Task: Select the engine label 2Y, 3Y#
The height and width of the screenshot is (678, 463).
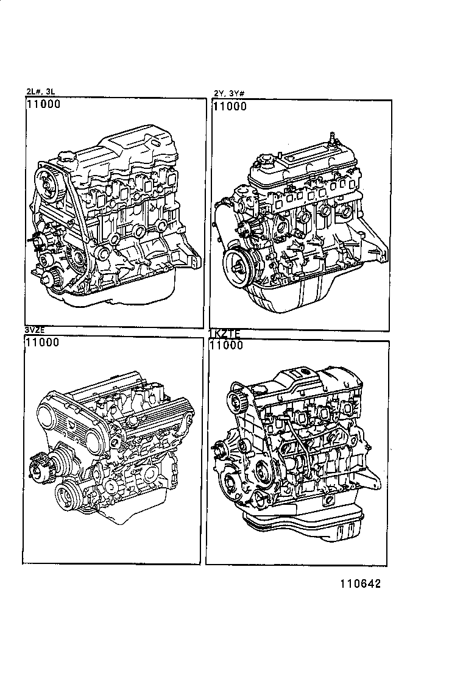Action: (x=229, y=93)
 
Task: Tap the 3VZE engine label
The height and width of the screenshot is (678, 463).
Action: (x=35, y=330)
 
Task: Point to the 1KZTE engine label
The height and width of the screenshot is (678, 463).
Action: (x=225, y=334)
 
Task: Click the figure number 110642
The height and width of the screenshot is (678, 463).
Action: (x=356, y=583)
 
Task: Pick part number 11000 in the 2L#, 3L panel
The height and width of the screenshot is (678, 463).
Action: (x=43, y=105)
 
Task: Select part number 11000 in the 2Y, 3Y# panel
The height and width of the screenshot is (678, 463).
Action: (x=230, y=107)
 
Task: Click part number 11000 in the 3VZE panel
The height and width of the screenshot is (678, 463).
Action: (x=42, y=343)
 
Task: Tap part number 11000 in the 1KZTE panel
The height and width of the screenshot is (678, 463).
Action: (x=226, y=345)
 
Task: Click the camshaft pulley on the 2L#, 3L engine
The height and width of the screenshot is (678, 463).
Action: (x=48, y=182)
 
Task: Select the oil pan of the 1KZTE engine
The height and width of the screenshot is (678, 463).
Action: (x=305, y=527)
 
